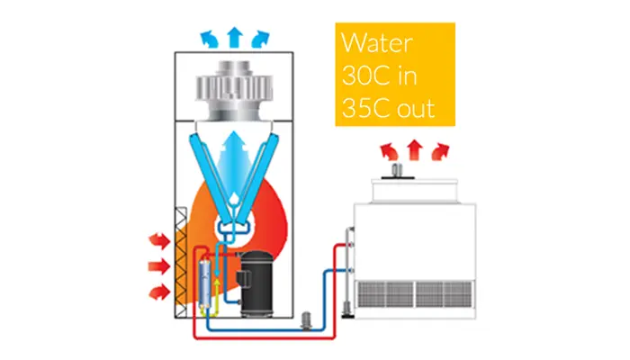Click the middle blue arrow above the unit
click(x=235, y=36)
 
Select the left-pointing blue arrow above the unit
click(x=209, y=39)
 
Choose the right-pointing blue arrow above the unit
click(x=261, y=39)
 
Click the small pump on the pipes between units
click(x=306, y=317)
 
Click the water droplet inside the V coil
click(x=233, y=202)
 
